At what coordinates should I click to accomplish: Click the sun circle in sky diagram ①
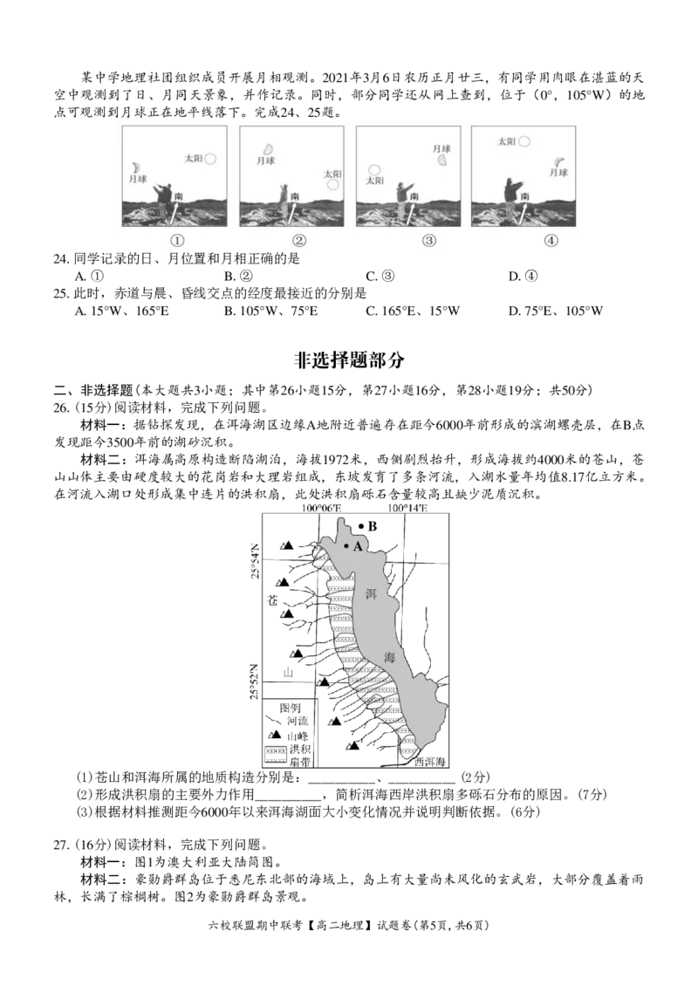pyautogui.click(x=210, y=159)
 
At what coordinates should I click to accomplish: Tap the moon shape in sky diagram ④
pyautogui.click(x=559, y=161)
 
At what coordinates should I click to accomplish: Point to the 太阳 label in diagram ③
pyautogui.click(x=375, y=181)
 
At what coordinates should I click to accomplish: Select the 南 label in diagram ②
pyautogui.click(x=296, y=196)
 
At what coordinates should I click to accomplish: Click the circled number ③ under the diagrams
pyautogui.click(x=429, y=240)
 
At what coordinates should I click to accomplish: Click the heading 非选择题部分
pyautogui.click(x=349, y=359)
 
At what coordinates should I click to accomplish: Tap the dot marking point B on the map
pyautogui.click(x=360, y=525)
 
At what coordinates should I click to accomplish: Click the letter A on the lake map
pyautogui.click(x=358, y=546)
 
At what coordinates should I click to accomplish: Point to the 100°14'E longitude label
pyautogui.click(x=407, y=508)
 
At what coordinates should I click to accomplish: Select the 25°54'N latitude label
pyautogui.click(x=255, y=559)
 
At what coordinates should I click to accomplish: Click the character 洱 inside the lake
pyautogui.click(x=371, y=593)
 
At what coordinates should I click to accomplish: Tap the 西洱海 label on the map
pyautogui.click(x=430, y=762)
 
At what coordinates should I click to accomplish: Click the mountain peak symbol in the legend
pyautogui.click(x=274, y=735)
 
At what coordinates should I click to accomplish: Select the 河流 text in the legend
pyautogui.click(x=298, y=721)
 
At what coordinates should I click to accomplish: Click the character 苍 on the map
pyautogui.click(x=272, y=600)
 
